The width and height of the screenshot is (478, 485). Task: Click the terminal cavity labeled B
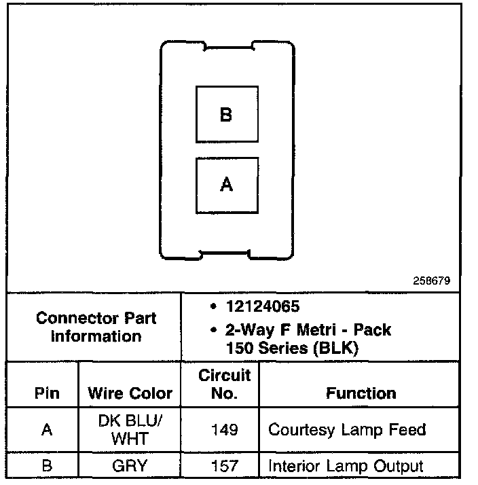[227, 114]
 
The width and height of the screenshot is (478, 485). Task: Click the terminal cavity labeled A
[227, 185]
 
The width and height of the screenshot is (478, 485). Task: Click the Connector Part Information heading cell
[96, 327]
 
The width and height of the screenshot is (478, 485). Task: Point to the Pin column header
[46, 393]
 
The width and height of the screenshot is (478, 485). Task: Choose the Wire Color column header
[130, 393]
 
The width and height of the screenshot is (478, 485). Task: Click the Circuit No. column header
[224, 384]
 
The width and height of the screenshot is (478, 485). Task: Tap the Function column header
[361, 393]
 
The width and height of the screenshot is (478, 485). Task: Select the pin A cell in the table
[46, 430]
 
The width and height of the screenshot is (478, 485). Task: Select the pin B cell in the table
[46, 466]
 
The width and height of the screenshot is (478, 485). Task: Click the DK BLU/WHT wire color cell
[130, 430]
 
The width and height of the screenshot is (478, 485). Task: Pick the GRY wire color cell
[130, 466]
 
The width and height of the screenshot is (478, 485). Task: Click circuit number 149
[224, 430]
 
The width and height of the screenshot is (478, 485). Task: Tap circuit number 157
[224, 466]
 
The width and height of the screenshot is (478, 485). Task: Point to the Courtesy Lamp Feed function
[347, 430]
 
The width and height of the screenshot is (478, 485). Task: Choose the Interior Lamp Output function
[346, 466]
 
